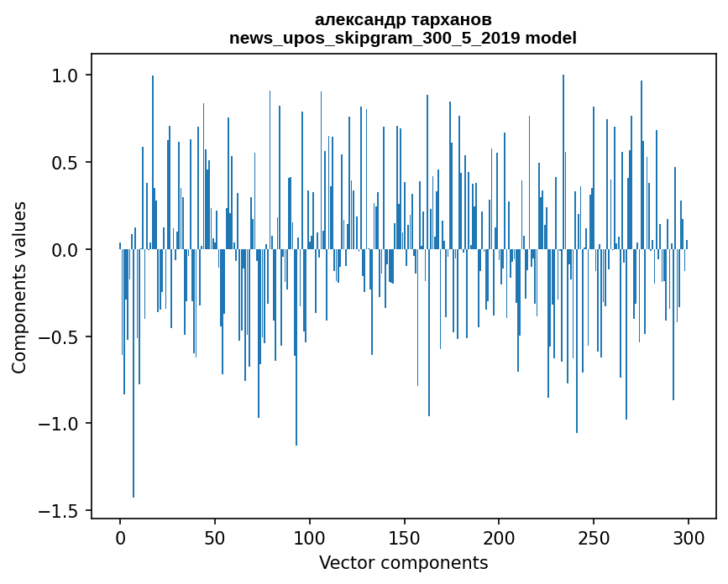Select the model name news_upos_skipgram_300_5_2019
point(379,38)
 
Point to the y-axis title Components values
point(19,287)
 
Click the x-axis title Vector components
point(403,562)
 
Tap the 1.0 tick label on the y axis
point(65,76)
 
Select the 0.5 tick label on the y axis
point(65,163)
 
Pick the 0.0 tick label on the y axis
point(65,250)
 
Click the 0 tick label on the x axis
point(120,536)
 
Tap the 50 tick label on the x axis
point(215,536)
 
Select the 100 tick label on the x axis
point(309,536)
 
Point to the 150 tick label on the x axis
point(404,536)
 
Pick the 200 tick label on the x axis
point(499,536)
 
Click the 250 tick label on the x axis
point(594,536)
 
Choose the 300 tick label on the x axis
point(688,536)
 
